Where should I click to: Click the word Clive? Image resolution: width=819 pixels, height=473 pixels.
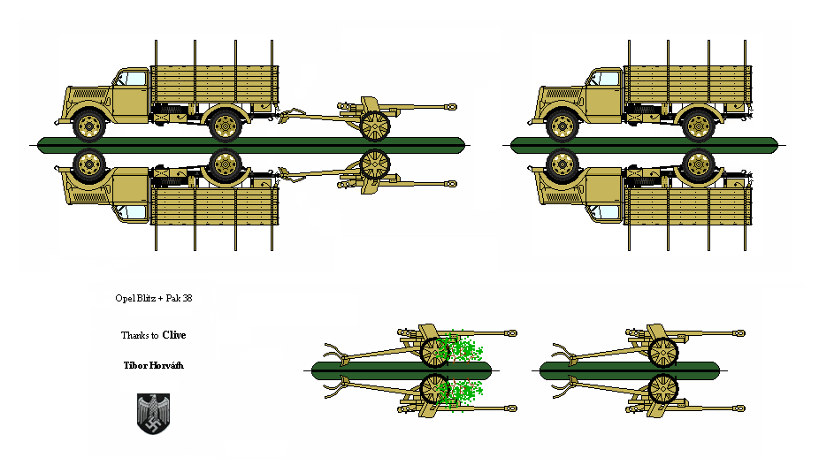point(174,335)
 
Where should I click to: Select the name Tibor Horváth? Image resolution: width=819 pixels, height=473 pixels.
point(154,365)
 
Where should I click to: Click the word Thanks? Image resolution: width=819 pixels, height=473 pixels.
point(134,336)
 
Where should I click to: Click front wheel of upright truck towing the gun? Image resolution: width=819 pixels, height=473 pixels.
point(89,126)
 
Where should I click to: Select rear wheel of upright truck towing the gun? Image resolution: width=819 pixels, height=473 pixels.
point(225,126)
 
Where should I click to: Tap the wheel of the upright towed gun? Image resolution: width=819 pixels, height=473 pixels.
point(376,126)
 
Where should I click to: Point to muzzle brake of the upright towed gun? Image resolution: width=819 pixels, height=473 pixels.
point(451,106)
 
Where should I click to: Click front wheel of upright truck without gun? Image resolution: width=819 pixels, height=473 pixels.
point(563,126)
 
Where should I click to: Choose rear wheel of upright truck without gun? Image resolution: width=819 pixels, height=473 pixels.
point(698,126)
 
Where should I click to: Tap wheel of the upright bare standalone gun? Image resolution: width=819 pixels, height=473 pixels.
point(662,353)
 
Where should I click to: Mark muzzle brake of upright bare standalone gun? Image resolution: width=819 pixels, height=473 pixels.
point(739,333)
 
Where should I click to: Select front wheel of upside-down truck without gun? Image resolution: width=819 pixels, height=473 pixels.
point(563,164)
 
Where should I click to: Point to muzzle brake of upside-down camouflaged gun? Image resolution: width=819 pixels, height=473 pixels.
point(511,408)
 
